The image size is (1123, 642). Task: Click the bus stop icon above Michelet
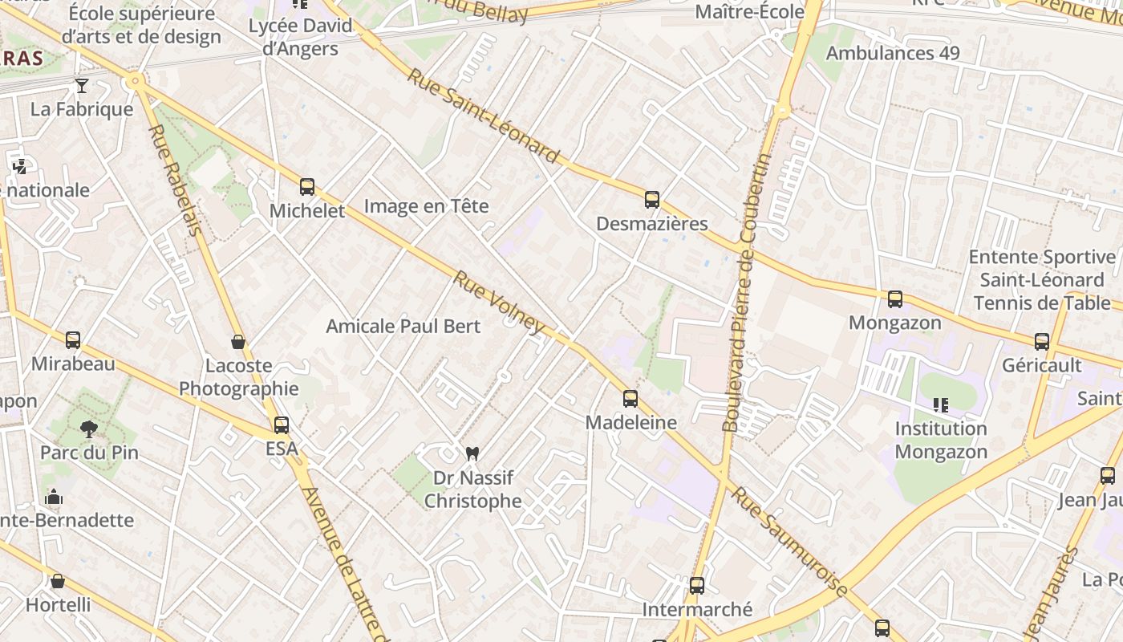(x=306, y=187)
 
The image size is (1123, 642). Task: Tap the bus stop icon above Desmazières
(x=651, y=199)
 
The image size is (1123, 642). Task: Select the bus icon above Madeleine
(x=630, y=398)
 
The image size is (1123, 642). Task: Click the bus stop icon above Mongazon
(x=895, y=299)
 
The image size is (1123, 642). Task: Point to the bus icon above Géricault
(x=1042, y=342)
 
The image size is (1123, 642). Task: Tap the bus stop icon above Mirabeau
(x=73, y=339)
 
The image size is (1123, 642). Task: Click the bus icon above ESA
(x=282, y=425)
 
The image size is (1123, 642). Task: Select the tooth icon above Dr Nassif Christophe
(x=472, y=453)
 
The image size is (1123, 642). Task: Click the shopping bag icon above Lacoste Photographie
(x=238, y=342)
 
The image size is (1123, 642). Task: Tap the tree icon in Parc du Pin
(x=89, y=429)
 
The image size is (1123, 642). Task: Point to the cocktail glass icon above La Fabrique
(x=81, y=85)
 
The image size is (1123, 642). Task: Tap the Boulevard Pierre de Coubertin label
(x=745, y=293)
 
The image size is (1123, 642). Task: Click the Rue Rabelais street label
(x=174, y=180)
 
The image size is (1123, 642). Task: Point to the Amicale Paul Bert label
(x=403, y=327)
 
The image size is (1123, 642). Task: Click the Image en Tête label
(x=426, y=206)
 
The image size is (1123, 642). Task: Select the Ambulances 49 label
(x=892, y=54)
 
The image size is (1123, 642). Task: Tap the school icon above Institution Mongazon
(x=940, y=405)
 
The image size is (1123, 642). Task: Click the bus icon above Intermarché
(x=696, y=586)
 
